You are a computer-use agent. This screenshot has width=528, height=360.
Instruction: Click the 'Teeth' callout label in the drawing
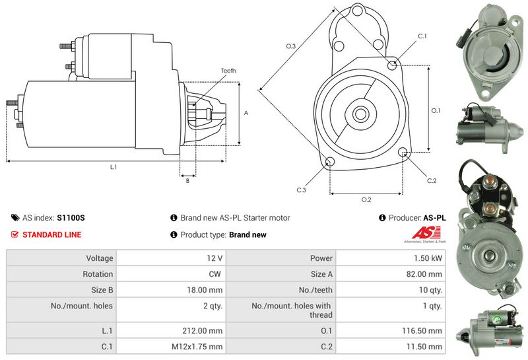pos(228,71)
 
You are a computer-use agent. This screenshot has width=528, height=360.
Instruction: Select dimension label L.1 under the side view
pos(114,167)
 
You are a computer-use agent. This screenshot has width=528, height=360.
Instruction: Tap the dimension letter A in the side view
pos(246,113)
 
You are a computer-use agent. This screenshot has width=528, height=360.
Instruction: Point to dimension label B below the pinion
pos(187,180)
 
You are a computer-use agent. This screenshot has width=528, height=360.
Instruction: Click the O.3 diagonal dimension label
pos(290,46)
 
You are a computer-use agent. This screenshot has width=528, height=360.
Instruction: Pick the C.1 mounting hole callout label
pos(422,36)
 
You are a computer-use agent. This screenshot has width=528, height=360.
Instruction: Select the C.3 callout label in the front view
pos(301,190)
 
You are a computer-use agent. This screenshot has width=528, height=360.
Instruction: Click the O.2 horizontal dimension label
pos(366,199)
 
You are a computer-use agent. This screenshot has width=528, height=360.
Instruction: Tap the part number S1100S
pos(71,217)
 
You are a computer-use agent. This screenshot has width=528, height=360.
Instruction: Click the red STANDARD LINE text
pos(51,234)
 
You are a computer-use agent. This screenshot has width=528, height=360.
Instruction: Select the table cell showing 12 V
pos(214,258)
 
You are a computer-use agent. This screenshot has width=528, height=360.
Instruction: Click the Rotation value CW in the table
pos(215,273)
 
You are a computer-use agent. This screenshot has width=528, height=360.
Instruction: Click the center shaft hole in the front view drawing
pos(360,114)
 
